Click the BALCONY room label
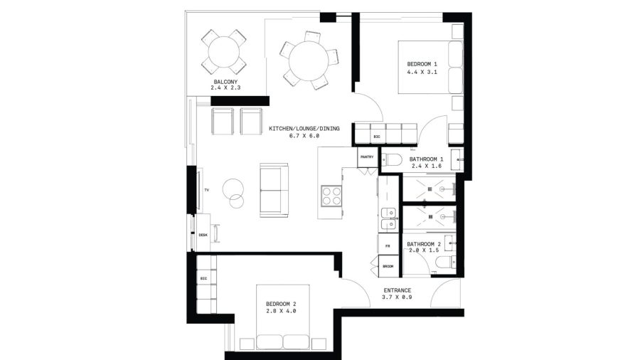(225, 82)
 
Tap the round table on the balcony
(224, 52)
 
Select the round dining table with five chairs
(308, 60)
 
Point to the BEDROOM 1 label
(422, 64)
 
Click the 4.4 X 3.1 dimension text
(422, 73)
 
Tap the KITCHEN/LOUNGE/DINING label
(304, 129)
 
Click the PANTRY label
(367, 157)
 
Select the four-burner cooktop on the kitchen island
(331, 196)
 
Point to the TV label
(207, 190)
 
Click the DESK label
(203, 235)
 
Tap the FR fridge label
(388, 246)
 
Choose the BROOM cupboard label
(388, 267)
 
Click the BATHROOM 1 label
(426, 159)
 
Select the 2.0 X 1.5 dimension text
(424, 250)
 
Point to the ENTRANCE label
(397, 290)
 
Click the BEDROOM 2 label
(281, 304)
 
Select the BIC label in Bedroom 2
(203, 278)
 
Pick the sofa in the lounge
(274, 190)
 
